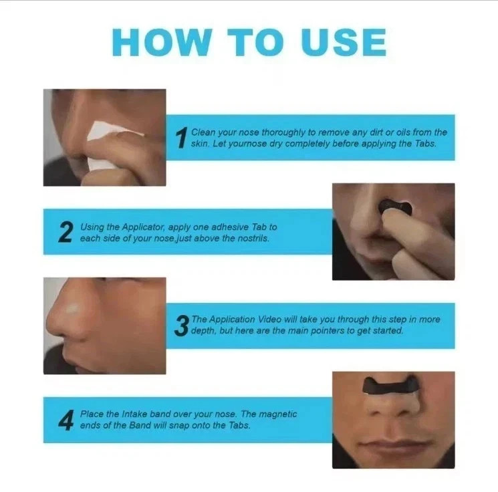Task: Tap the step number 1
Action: click(180, 139)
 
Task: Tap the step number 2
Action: click(65, 233)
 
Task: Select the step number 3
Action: click(181, 326)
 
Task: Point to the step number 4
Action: click(65, 420)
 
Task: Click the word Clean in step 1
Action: click(203, 133)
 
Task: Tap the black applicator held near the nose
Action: click(394, 205)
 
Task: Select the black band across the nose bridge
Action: click(390, 384)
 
